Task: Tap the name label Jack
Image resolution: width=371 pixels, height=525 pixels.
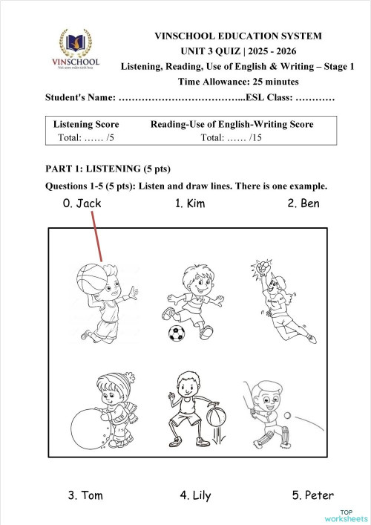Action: (x=82, y=203)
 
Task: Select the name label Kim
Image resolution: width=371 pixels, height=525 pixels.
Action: (x=190, y=203)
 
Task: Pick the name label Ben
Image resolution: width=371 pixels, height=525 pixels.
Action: (x=303, y=203)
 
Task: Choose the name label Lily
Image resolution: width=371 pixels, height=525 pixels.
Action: (x=194, y=495)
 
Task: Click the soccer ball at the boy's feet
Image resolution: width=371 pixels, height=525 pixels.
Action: (x=177, y=333)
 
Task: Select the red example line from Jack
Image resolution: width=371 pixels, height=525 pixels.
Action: (x=96, y=236)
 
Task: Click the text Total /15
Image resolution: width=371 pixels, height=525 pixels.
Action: (x=232, y=137)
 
